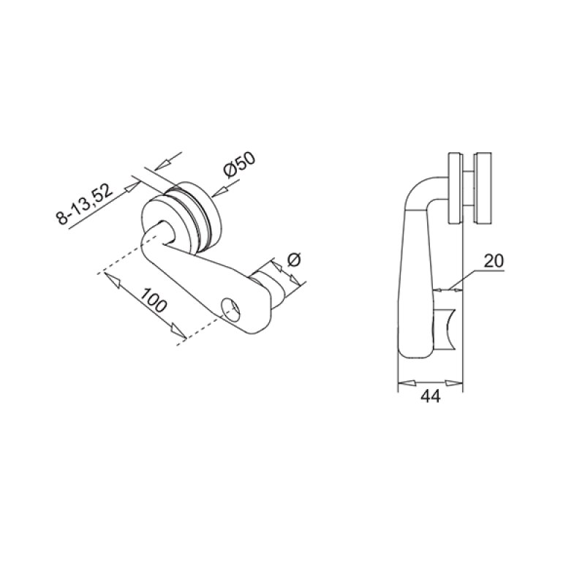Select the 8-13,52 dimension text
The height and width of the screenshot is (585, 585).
click(86, 205)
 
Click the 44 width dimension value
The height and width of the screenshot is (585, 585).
click(431, 397)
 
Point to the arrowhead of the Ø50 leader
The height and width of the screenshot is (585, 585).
click(217, 192)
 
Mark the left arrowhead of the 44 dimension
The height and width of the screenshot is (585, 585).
click(402, 382)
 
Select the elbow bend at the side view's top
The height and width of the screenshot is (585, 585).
click(421, 190)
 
